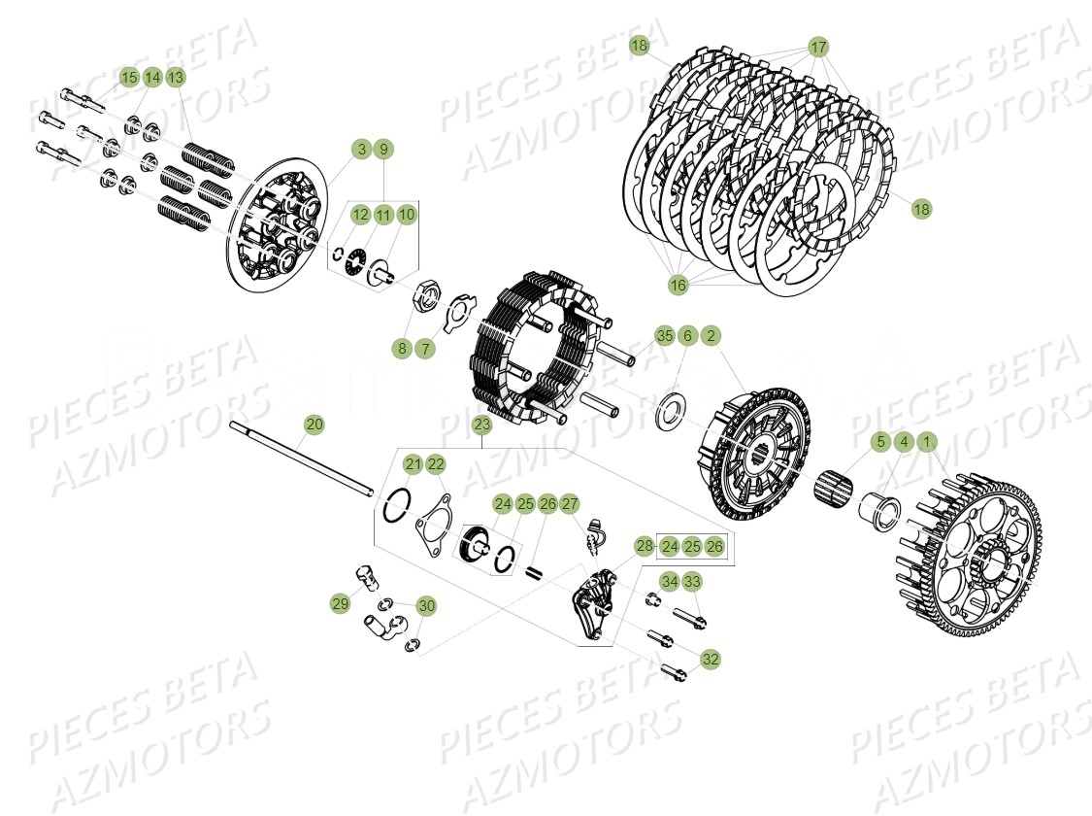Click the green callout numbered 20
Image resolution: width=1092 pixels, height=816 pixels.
point(314,425)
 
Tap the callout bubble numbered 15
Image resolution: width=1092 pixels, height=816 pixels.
point(129,77)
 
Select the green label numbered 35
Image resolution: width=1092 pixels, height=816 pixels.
point(664,336)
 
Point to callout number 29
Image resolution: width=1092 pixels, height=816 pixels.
point(340,604)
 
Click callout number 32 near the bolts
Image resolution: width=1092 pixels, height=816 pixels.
point(711,659)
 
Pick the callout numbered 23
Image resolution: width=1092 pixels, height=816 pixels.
point(482,425)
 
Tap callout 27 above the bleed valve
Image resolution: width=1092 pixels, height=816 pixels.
point(569,504)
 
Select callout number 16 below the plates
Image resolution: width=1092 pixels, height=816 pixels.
point(678,285)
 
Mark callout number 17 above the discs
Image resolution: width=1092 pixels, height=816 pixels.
point(818,48)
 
